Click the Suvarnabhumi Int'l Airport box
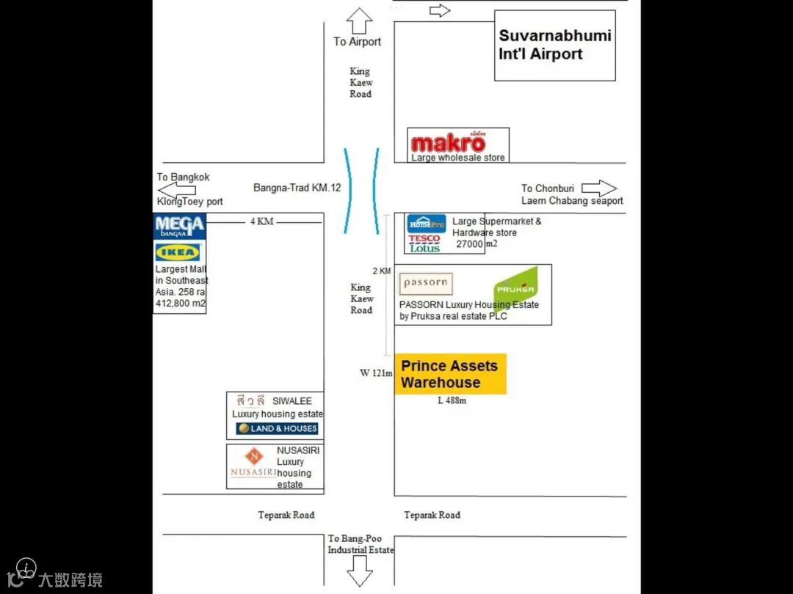point(554,45)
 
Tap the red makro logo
point(448,143)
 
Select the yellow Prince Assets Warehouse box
point(450,374)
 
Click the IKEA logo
point(178,252)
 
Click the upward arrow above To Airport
point(361,21)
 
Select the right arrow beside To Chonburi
point(599,188)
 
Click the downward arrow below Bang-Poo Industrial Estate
point(360,570)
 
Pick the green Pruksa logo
point(517,288)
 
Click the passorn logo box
point(426,284)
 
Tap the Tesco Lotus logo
point(424,243)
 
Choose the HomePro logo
point(427,224)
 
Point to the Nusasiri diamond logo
point(254,457)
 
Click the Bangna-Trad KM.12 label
point(297,188)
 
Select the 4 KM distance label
point(261,221)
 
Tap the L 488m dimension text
point(452,400)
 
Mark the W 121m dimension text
point(376,373)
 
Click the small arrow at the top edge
point(439,10)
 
